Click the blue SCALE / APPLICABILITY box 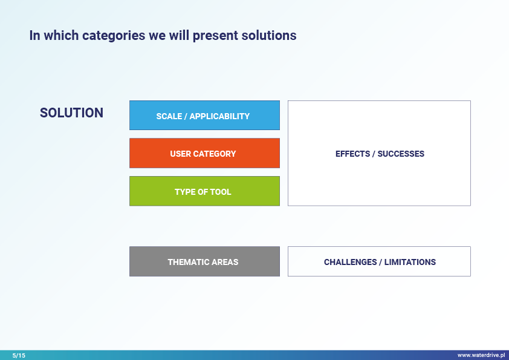[204, 116]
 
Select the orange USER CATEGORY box [204, 153]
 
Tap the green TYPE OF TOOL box [204, 191]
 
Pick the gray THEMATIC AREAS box [204, 261]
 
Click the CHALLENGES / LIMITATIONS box [379, 261]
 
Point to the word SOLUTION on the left [71, 113]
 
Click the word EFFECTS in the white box [352, 154]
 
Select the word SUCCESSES [401, 154]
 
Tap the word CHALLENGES [350, 262]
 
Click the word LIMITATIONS [410, 262]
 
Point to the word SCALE [169, 116]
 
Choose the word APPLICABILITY [220, 116]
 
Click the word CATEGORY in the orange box [215, 154]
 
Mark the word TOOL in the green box [221, 192]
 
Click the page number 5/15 [19, 355]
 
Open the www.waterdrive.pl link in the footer [481, 355]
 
